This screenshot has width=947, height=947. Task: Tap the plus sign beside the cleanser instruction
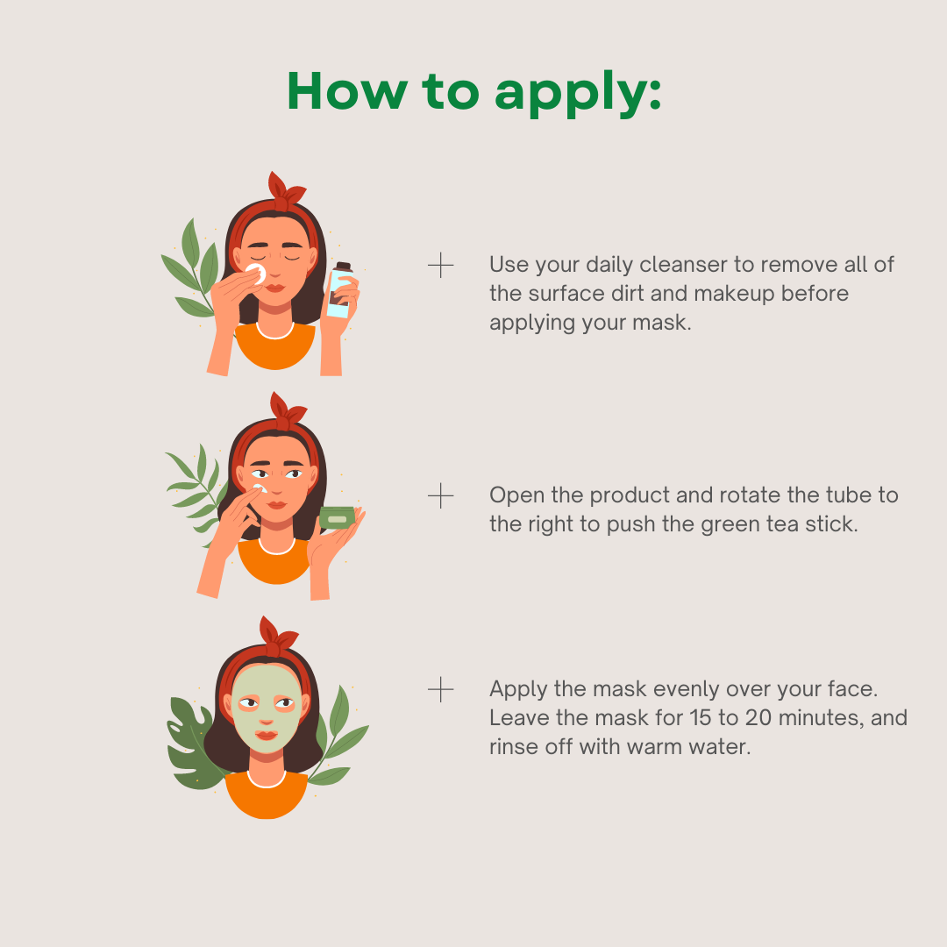[x=440, y=265]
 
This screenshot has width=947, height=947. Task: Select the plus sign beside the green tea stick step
[x=440, y=495]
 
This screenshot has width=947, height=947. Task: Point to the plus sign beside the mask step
[x=440, y=690]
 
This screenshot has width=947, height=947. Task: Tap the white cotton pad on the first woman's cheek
[x=256, y=274]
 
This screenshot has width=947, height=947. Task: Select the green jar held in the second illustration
[x=337, y=517]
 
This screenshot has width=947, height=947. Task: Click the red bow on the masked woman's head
[x=279, y=637]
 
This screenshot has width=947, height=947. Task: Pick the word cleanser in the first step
[x=683, y=265]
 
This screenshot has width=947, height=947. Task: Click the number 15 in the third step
[x=701, y=718]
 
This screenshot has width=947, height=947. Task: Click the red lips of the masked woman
[x=267, y=735]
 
